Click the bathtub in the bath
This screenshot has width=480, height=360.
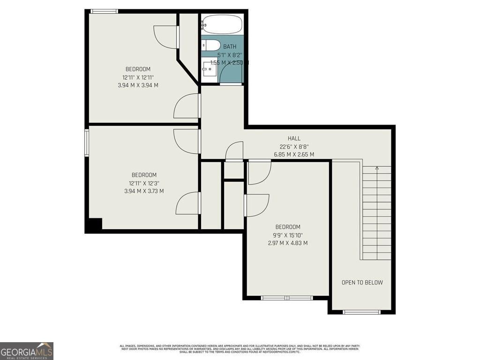(222, 25)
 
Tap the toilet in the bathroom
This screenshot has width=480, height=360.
(211, 45)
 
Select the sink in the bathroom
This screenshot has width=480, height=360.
(209, 71)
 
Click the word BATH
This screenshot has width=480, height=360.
(230, 46)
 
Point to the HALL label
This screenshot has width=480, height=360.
(294, 138)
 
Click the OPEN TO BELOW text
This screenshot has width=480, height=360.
(362, 282)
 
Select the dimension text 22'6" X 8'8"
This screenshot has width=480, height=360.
(294, 146)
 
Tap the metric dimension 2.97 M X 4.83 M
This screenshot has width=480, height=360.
(288, 243)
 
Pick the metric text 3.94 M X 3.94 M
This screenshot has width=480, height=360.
(138, 85)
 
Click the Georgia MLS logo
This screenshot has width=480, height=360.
(27, 351)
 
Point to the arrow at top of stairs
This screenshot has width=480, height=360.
(377, 167)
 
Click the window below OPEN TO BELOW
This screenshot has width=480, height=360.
(361, 312)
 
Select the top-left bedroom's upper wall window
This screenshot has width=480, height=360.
(104, 11)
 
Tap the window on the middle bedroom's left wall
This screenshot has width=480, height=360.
(87, 142)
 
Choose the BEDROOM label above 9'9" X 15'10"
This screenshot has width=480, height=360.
(288, 227)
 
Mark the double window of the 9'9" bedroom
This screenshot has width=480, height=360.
(287, 298)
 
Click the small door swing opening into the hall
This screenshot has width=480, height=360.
(234, 152)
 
